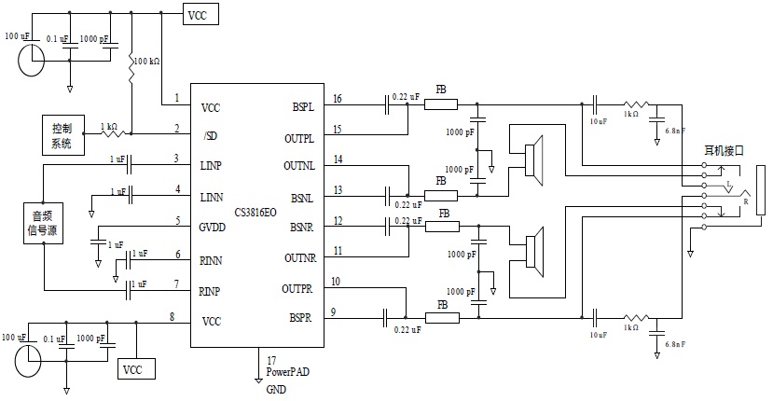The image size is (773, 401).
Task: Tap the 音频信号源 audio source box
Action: (x=43, y=225)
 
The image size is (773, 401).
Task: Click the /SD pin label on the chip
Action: (x=210, y=136)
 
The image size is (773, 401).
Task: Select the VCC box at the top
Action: (x=200, y=16)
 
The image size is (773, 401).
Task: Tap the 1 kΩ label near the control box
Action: (x=108, y=125)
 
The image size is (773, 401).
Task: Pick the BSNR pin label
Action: (x=300, y=227)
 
